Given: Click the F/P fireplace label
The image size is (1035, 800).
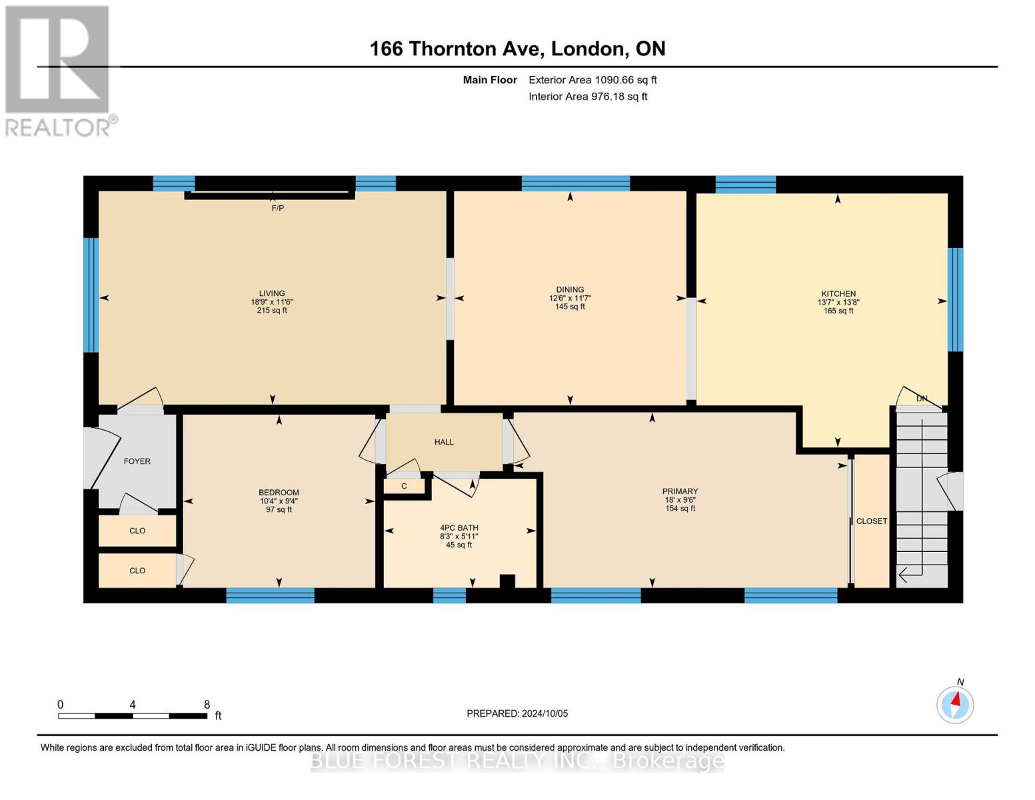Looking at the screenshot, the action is tap(277, 208).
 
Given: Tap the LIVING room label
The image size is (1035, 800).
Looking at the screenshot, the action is tap(272, 293).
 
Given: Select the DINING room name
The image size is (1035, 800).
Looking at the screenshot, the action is tap(570, 290).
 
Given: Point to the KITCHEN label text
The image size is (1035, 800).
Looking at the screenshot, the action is tap(838, 294).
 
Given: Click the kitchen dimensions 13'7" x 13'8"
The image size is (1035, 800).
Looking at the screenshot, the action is tap(838, 302).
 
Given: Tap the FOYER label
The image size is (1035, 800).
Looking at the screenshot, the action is tap(137, 461).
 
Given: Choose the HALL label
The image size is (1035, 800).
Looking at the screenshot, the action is tap(444, 442).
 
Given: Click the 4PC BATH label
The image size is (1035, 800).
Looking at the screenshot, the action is tap(459, 528).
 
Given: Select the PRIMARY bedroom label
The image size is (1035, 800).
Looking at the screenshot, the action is tap(680, 491).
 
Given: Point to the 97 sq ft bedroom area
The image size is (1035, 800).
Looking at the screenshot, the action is tap(279, 509).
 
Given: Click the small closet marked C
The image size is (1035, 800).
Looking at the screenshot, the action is tap(404, 487).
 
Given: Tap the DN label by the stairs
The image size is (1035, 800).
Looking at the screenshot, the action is tap(922, 398).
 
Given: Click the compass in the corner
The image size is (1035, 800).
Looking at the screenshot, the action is tap(955, 705).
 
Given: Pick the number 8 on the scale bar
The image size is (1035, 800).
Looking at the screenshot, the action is tap(207, 705).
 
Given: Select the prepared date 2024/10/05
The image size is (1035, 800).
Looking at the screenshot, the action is tap(545, 713).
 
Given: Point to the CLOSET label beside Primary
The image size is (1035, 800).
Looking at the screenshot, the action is tap(872, 521).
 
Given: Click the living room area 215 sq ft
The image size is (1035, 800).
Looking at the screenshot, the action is tap(272, 311).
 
